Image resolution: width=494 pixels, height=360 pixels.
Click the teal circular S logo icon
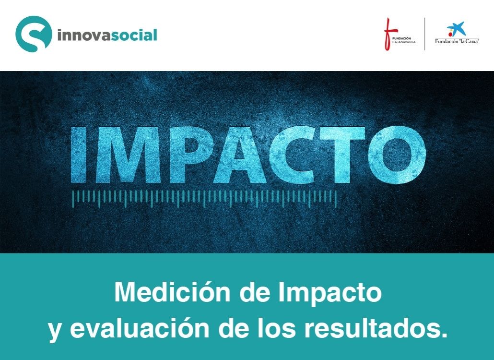coord(34,34)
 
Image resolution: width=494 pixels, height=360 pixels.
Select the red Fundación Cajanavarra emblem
coord(388,34)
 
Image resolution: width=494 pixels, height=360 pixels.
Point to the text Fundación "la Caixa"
coord(457,41)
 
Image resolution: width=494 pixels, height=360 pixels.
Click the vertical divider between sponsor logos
coord(424,34)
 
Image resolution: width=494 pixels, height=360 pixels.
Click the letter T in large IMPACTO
coord(345,155)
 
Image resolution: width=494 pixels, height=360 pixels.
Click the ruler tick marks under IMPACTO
coord(204,199)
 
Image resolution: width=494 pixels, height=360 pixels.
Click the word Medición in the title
coord(172,292)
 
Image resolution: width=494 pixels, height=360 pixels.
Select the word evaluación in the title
coord(140,328)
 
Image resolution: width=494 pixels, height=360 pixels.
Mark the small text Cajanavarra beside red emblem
coord(404,42)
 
